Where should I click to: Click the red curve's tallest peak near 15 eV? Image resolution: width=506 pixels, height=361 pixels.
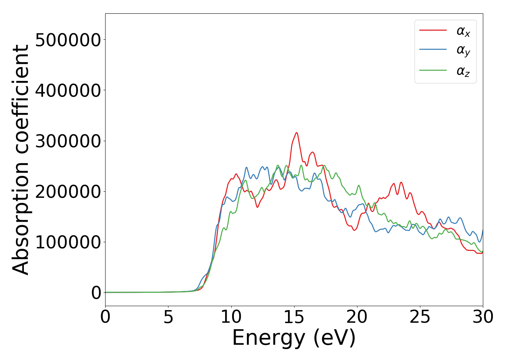click(x=296, y=133)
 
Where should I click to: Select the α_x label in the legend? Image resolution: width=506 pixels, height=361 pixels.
click(x=463, y=31)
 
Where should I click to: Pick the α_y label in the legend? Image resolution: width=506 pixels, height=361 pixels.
click(x=463, y=51)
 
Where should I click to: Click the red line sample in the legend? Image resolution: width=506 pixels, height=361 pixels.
click(x=433, y=30)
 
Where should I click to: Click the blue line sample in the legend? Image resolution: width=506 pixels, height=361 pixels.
click(x=433, y=50)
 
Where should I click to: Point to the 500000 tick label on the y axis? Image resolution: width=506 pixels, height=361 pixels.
click(x=68, y=40)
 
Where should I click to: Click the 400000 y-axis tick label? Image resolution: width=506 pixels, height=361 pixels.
click(x=68, y=91)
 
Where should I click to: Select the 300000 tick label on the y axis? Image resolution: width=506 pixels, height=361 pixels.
click(x=68, y=141)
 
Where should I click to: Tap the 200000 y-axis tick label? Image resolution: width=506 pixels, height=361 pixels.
click(x=68, y=192)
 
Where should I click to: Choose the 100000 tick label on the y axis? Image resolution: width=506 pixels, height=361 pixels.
click(x=68, y=242)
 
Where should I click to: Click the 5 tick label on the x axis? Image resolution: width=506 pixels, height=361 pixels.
click(x=168, y=317)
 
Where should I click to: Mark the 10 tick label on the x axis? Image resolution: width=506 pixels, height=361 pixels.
click(x=231, y=317)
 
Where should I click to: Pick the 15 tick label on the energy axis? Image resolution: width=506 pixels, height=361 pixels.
click(x=294, y=317)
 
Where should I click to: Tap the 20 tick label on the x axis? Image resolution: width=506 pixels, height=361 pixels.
click(x=357, y=317)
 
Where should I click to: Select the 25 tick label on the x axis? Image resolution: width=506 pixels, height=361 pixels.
click(x=420, y=317)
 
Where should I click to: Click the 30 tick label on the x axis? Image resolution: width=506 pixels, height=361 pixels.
click(x=483, y=317)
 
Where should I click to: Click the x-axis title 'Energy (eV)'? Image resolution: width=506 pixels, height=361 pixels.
click(x=294, y=339)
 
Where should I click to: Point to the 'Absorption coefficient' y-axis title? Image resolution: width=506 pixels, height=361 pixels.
click(x=21, y=160)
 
